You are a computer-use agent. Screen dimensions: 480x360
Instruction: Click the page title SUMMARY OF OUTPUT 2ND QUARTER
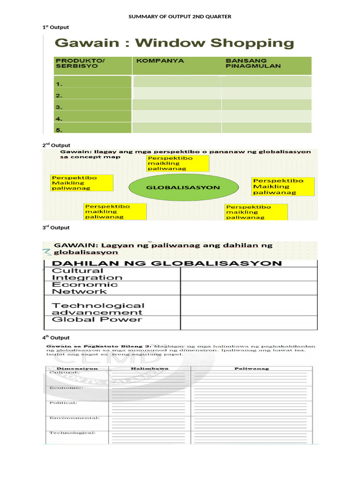180,17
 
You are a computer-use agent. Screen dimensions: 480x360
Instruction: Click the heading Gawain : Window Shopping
175,44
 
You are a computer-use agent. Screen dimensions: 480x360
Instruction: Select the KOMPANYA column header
153,61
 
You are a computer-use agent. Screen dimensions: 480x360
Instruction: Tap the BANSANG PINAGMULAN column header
253,63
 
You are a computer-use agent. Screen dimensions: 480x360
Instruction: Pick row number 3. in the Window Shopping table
60,107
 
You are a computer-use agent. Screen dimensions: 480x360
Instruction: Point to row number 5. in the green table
60,130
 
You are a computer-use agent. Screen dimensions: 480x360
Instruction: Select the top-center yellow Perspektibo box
177,164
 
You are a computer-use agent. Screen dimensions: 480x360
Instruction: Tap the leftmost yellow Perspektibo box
82,183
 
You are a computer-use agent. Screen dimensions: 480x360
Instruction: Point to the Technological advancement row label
97,309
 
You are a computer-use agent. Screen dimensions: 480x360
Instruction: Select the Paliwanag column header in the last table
251,369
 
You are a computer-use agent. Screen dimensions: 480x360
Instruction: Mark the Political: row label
63,403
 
